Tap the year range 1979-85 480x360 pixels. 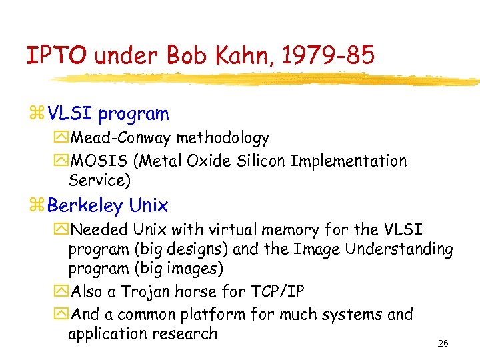click(x=329, y=55)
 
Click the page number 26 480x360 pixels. click(x=443, y=344)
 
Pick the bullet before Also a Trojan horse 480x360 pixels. click(x=63, y=292)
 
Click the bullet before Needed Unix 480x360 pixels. click(x=63, y=230)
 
